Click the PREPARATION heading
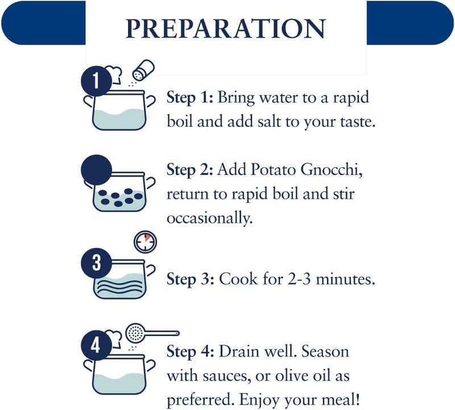coord(226,28)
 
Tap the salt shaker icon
coord(143,70)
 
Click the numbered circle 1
coord(96,81)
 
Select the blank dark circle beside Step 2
coord(96,170)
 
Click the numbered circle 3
coord(96,263)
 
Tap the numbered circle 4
coord(96,345)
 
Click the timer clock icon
coord(145,242)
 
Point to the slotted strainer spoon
coord(152,333)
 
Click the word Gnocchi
coord(332,169)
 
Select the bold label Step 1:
coord(190,97)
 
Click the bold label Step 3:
coord(191,279)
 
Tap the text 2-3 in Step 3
coord(300,279)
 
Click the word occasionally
coord(210,218)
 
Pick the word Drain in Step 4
coord(238,351)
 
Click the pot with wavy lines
coord(119,279)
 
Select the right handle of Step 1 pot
coord(150,101)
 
